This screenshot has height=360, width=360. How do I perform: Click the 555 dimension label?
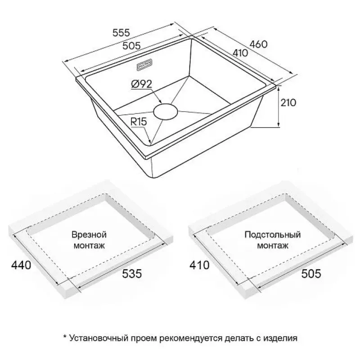121,32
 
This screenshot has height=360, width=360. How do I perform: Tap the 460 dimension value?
258,44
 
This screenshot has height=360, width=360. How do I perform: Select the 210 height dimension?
288,103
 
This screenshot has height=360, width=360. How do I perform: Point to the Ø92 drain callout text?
141,84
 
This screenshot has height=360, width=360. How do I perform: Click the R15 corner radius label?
139,121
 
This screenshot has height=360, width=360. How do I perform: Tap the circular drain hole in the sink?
166,112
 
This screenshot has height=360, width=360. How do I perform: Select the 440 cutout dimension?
21,265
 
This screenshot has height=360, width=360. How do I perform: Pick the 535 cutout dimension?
132,274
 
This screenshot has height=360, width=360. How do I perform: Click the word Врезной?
89,234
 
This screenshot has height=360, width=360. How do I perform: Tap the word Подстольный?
273,234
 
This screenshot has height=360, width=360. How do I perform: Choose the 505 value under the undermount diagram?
311,274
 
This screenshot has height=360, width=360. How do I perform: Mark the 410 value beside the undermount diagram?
199,265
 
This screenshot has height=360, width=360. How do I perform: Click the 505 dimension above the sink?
131,46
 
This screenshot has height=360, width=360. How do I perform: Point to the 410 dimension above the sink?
240,53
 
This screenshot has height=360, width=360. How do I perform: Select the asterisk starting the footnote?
65,337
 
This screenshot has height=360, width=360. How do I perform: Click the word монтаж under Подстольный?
273,246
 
